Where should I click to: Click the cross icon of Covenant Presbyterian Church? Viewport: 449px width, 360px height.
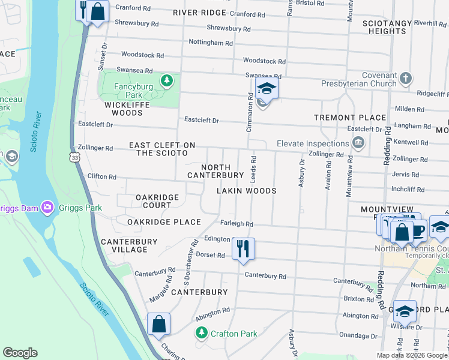406,78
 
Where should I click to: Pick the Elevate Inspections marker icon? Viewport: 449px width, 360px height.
358,143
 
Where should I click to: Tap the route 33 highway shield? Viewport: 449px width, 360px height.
74,157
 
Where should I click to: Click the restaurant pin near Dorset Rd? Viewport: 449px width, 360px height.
243,248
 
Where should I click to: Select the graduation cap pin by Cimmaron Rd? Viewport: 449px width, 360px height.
266,89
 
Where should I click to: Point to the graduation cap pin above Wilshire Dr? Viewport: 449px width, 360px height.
405,310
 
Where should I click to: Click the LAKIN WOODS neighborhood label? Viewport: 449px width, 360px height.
247,191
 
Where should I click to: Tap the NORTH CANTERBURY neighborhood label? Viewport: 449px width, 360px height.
215,171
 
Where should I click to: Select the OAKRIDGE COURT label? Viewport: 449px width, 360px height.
157,201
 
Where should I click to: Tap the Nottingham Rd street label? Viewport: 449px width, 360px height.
210,43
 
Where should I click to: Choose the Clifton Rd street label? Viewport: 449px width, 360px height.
101,177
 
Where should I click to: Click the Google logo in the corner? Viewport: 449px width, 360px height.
20,353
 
